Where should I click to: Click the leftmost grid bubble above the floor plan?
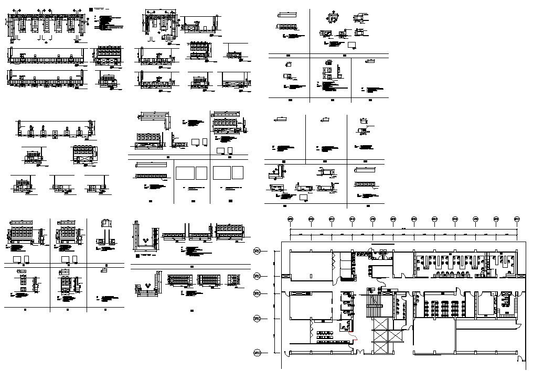pyautogui.click(x=290, y=219)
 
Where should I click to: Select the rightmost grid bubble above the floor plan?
pyautogui.click(x=517, y=219)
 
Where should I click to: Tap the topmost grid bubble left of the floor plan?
pyautogui.click(x=257, y=252)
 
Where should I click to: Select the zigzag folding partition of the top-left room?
pyautogui.click(x=333, y=258)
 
